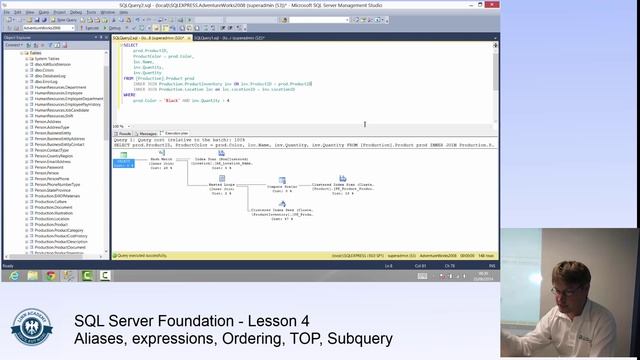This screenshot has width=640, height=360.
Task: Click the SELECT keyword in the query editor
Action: coord(130,45)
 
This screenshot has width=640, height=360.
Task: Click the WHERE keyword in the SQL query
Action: coord(129,95)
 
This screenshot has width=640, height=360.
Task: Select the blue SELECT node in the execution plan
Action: coord(124,163)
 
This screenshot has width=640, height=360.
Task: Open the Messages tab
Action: coord(147,133)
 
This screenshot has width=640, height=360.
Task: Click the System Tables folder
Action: coord(46,58)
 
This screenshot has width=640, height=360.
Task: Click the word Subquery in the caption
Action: coord(361,340)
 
